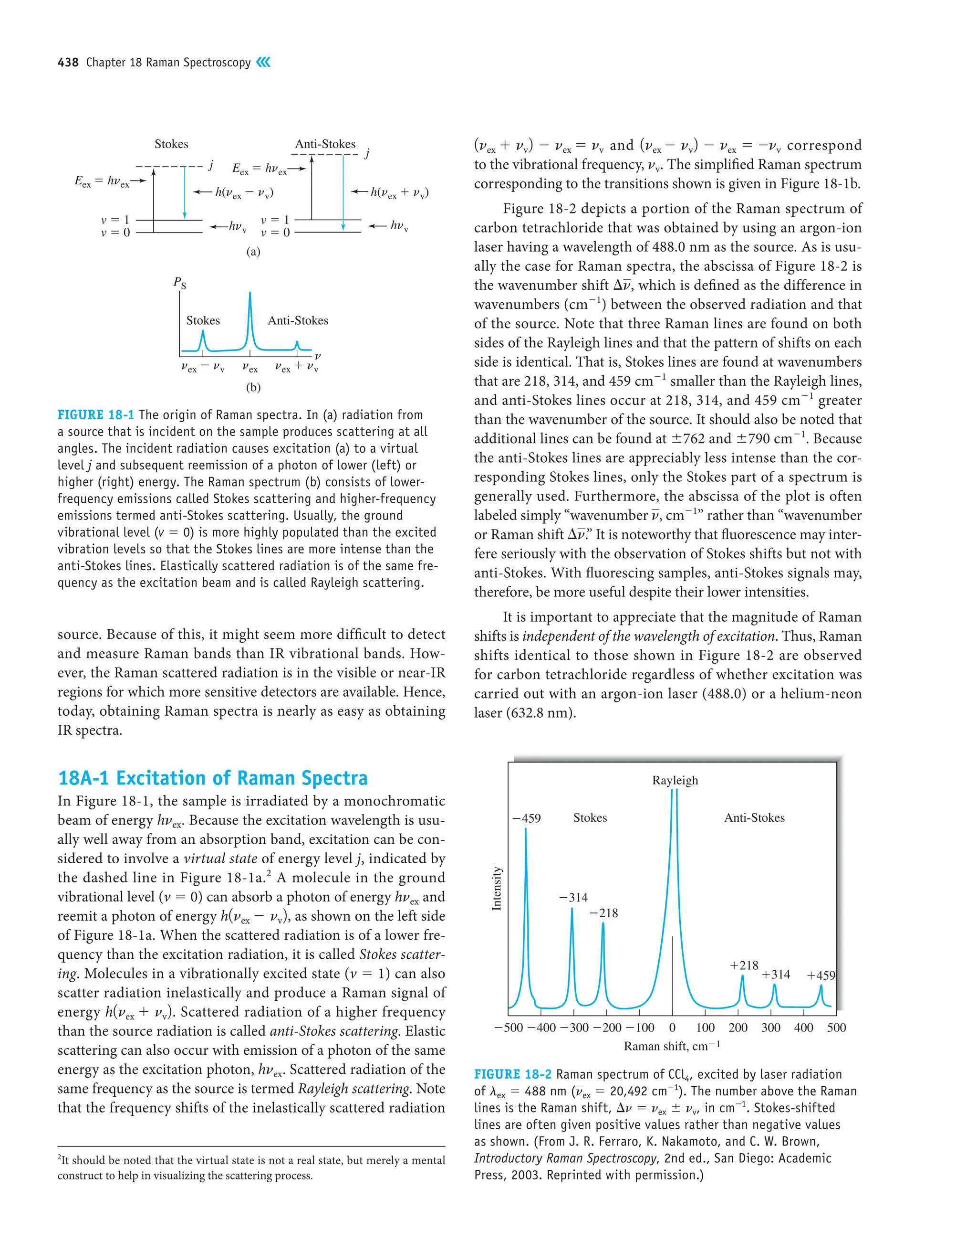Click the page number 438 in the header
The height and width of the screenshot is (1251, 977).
pyautogui.click(x=68, y=63)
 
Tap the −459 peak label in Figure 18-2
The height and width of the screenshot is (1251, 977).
pyautogui.click(x=526, y=818)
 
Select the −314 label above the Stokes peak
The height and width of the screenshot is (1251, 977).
pyautogui.click(x=573, y=898)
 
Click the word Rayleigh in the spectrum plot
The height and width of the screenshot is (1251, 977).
pyautogui.click(x=675, y=780)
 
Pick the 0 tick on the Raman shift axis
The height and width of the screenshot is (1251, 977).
pyautogui.click(x=672, y=1028)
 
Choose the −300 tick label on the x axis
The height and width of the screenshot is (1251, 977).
pyautogui.click(x=573, y=1028)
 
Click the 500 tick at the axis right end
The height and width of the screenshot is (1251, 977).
pyautogui.click(x=836, y=1028)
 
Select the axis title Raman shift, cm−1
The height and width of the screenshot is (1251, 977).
pyautogui.click(x=671, y=1046)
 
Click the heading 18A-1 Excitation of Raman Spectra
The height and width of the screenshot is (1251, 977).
pyautogui.click(x=213, y=778)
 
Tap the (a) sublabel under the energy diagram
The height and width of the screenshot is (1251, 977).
pyautogui.click(x=253, y=252)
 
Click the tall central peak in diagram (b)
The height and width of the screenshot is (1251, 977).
pyautogui.click(x=249, y=321)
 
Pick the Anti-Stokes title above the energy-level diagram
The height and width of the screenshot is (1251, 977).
pyautogui.click(x=325, y=144)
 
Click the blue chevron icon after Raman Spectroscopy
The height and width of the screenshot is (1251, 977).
pyautogui.click(x=263, y=62)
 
